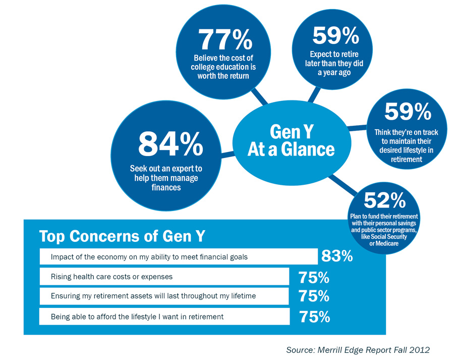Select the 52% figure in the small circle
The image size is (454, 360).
(x=384, y=200)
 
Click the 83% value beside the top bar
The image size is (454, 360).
(x=336, y=256)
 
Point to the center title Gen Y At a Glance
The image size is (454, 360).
(x=291, y=140)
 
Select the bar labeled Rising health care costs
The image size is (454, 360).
(x=163, y=277)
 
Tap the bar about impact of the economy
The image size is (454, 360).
(x=178, y=257)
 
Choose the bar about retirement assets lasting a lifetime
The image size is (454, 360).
(x=163, y=296)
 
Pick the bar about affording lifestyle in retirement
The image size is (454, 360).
(x=163, y=317)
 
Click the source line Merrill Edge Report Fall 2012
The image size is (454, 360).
(x=358, y=349)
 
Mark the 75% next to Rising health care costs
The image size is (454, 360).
(x=313, y=277)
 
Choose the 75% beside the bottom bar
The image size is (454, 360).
(x=314, y=317)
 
